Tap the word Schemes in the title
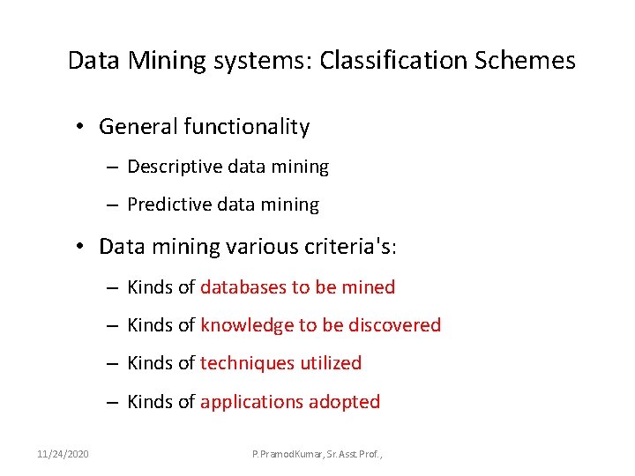pos(526,61)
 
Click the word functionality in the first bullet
pos(247,128)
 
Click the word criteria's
pos(349,246)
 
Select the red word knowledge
pos(247,325)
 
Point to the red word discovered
pos(394,325)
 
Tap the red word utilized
pos(331,363)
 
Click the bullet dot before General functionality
pos(79,128)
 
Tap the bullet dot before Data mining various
pos(79,246)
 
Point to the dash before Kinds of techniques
pos(114,363)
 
